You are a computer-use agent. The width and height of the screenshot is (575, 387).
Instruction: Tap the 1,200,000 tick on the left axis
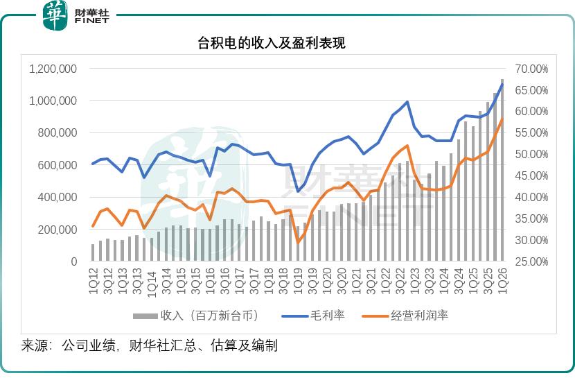click(x=53, y=69)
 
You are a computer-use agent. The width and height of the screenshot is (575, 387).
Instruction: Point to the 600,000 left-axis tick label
click(x=57, y=165)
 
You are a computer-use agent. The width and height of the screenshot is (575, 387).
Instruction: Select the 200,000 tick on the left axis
click(x=57, y=230)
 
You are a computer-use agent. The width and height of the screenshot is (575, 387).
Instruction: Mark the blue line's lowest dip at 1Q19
click(x=298, y=191)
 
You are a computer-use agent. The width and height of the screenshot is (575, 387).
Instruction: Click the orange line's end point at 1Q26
click(x=502, y=119)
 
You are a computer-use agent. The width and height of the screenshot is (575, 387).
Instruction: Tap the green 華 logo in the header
click(x=55, y=15)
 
